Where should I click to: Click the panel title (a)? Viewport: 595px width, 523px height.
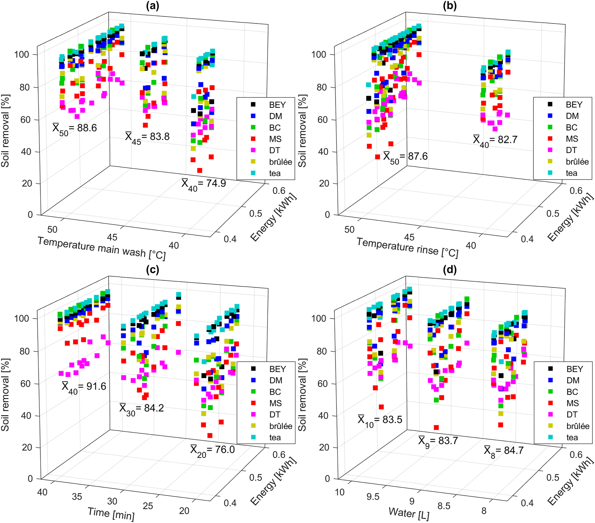[152, 6]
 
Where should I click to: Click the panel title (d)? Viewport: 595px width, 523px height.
[450, 270]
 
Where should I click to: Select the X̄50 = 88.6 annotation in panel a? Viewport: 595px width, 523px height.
[75, 128]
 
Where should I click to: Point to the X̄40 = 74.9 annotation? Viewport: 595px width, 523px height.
[204, 184]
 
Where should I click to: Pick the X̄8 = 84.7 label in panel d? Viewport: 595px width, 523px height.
[503, 451]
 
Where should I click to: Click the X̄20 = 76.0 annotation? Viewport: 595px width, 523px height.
[212, 450]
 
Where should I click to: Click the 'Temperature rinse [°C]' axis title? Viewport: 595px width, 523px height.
[407, 248]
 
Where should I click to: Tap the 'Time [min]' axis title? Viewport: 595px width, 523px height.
[111, 513]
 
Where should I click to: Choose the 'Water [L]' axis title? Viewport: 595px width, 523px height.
[409, 513]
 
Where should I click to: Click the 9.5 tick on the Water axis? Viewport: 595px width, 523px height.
[373, 497]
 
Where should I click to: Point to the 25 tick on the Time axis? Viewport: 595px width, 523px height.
[148, 506]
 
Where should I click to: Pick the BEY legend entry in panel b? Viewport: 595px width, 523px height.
[574, 105]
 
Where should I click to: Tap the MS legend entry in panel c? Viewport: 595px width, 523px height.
[275, 403]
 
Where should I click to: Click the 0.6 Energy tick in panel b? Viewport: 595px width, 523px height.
[576, 191]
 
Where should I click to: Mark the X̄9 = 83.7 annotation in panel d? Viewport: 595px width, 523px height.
[438, 441]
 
